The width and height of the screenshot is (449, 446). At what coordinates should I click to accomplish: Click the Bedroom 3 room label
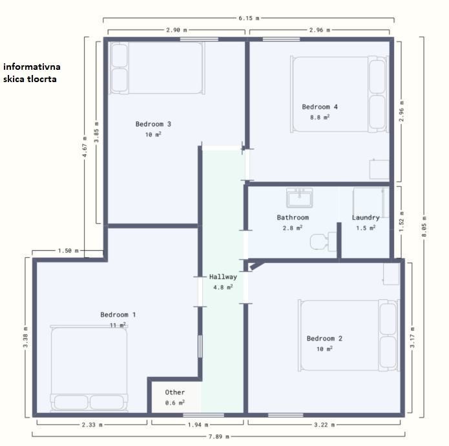pyautogui.click(x=153, y=124)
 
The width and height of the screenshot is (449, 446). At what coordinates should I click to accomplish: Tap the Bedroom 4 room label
pyautogui.click(x=320, y=107)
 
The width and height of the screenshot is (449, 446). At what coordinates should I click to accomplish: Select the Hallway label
pyautogui.click(x=223, y=277)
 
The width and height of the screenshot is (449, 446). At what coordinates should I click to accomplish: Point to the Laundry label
pyautogui.click(x=366, y=217)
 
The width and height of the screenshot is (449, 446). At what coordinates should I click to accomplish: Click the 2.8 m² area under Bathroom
pyautogui.click(x=293, y=228)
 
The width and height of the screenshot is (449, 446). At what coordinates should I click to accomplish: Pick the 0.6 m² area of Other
pyautogui.click(x=174, y=403)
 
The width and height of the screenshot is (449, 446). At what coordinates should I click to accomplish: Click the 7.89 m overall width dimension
pyautogui.click(x=219, y=436)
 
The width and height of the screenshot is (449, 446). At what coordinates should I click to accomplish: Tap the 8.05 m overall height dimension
pyautogui.click(x=424, y=227)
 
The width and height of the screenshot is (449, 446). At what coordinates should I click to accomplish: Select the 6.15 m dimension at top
pyautogui.click(x=249, y=18)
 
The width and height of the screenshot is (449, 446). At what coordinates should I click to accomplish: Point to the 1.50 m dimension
pyautogui.click(x=68, y=251)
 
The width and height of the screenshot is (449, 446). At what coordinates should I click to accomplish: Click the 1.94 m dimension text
pyautogui.click(x=198, y=425)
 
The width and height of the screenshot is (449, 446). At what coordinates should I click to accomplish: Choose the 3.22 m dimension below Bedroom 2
pyautogui.click(x=324, y=425)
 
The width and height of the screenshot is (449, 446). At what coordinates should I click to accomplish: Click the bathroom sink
pyautogui.click(x=300, y=198)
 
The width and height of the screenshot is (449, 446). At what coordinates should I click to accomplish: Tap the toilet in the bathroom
pyautogui.click(x=323, y=242)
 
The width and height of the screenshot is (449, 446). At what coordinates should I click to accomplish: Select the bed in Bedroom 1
pyautogui.click(x=89, y=368)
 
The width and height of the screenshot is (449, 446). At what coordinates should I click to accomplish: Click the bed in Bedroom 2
pyautogui.click(x=348, y=335)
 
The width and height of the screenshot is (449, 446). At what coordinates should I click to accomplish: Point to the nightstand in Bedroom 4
pyautogui.click(x=379, y=169)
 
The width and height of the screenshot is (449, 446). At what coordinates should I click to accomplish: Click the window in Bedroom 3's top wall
pyautogui.click(x=199, y=39)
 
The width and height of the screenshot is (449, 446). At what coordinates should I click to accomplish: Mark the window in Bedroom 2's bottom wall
pyautogui.click(x=286, y=415)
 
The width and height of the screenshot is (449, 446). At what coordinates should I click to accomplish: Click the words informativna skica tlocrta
pyautogui.click(x=32, y=73)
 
